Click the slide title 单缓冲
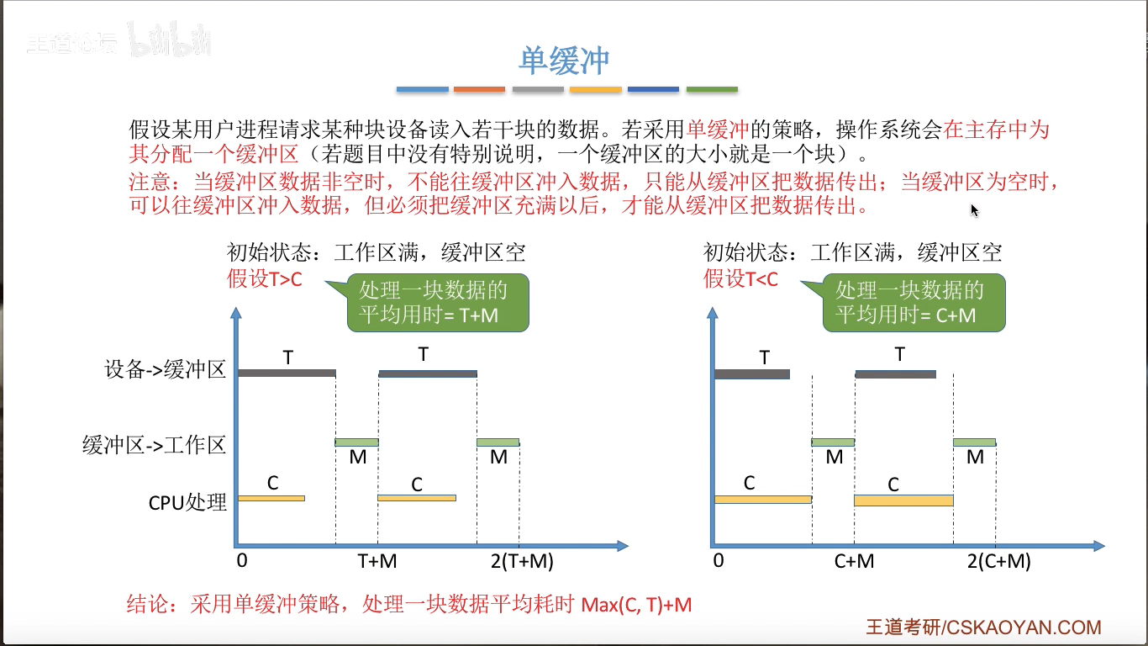pyautogui.click(x=563, y=61)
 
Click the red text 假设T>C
pyautogui.click(x=265, y=279)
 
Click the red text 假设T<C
pyautogui.click(x=741, y=279)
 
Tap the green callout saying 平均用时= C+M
pyautogui.click(x=914, y=303)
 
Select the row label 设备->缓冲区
pyautogui.click(x=166, y=370)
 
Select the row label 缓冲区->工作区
pyautogui.click(x=155, y=445)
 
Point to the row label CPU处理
pyautogui.click(x=187, y=502)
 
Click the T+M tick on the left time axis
pyautogui.click(x=377, y=562)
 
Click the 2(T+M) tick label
pyautogui.click(x=519, y=562)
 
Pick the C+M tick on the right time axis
pyautogui.click(x=854, y=562)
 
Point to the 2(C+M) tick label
pyautogui.click(x=998, y=562)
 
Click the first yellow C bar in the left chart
pyautogui.click(x=271, y=499)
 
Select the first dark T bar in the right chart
pyautogui.click(x=751, y=374)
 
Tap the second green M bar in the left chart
pyautogui.click(x=498, y=442)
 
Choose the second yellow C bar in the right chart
pyautogui.click(x=903, y=500)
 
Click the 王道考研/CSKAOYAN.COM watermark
pyautogui.click(x=983, y=627)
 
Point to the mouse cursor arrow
pyautogui.click(x=974, y=210)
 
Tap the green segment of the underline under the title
pyautogui.click(x=712, y=89)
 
